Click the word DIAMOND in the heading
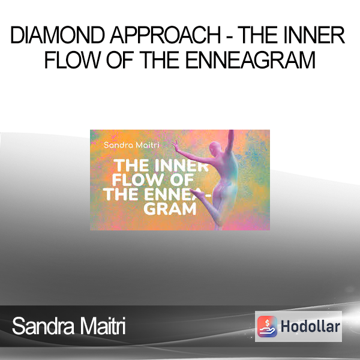(58, 35)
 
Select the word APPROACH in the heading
(166, 35)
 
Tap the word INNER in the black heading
(314, 35)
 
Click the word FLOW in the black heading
(73, 59)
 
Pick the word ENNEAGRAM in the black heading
(250, 59)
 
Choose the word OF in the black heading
(121, 59)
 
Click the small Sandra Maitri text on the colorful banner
(131, 145)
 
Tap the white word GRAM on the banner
(170, 209)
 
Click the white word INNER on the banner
(181, 166)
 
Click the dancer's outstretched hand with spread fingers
(176, 143)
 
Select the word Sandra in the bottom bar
(43, 326)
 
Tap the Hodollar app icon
(267, 326)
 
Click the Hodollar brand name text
(310, 326)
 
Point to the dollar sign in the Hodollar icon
(267, 323)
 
